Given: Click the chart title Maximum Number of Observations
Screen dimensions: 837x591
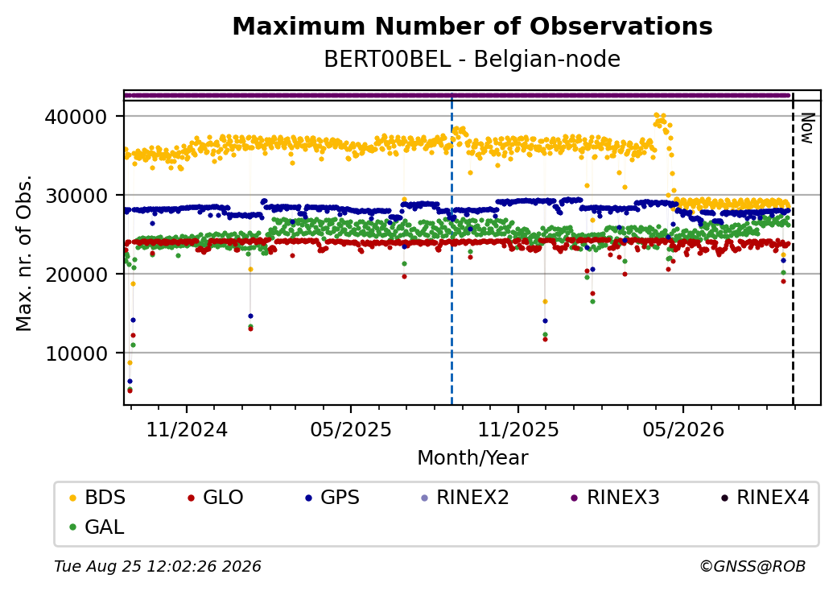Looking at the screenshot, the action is click(472, 26).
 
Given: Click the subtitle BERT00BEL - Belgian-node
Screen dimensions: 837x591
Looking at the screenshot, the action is click(472, 60).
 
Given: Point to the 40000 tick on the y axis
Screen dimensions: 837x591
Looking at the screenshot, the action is click(76, 117).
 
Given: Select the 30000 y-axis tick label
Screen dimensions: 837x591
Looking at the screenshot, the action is click(76, 196).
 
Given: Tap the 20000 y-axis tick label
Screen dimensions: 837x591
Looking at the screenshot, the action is click(76, 275).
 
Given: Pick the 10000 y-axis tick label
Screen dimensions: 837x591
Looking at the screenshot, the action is click(76, 353).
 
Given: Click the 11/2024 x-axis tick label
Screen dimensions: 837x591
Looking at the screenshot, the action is click(187, 429).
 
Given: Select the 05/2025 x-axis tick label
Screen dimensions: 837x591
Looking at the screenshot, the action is click(351, 429).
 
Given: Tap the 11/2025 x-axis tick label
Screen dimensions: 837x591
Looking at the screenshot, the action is click(517, 429).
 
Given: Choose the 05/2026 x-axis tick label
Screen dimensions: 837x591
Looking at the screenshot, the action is click(683, 429).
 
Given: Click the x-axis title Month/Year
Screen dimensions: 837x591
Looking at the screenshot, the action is click(472, 458).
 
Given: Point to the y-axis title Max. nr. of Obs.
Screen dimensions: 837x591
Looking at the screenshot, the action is click(24, 253).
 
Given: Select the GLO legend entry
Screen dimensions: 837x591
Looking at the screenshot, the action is click(216, 498).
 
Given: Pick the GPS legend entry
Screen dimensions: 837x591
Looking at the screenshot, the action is click(332, 498).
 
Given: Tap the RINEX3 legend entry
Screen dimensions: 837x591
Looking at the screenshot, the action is click(616, 498).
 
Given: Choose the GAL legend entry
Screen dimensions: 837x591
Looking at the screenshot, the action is click(97, 527).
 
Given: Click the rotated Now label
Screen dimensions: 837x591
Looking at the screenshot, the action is click(806, 129).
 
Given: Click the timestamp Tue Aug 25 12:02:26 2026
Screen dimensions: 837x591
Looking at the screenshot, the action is click(158, 566).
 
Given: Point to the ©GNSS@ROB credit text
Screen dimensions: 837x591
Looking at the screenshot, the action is click(752, 566).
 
